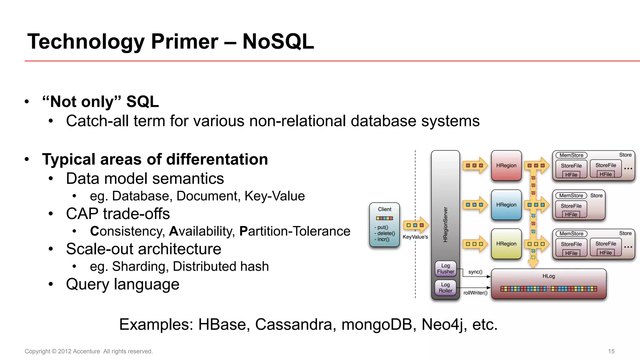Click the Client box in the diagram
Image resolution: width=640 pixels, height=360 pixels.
pyautogui.click(x=384, y=224)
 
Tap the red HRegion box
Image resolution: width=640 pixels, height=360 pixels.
pyautogui.click(x=506, y=166)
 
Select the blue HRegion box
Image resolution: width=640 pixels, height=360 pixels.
pyautogui.click(x=506, y=205)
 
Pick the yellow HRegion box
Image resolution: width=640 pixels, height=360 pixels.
pyautogui.click(x=506, y=244)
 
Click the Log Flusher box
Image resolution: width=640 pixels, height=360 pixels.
pyautogui.click(x=446, y=269)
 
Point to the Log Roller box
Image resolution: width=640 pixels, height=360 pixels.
pyautogui.click(x=446, y=288)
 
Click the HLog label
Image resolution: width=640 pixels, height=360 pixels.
pyautogui.click(x=549, y=276)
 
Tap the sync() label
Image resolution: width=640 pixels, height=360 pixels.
pyautogui.click(x=475, y=272)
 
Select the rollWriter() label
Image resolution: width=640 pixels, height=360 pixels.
pyautogui.click(x=475, y=293)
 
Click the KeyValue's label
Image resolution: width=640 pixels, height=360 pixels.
pyautogui.click(x=415, y=237)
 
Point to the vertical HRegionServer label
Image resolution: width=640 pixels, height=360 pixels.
pyautogui.click(x=446, y=224)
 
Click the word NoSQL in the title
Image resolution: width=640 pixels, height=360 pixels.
pyautogui.click(x=278, y=42)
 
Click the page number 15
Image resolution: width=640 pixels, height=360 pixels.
pyautogui.click(x=611, y=351)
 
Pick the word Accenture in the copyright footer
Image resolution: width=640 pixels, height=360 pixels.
pyautogui.click(x=86, y=351)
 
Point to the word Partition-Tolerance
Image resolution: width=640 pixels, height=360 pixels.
pyautogui.click(x=295, y=231)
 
